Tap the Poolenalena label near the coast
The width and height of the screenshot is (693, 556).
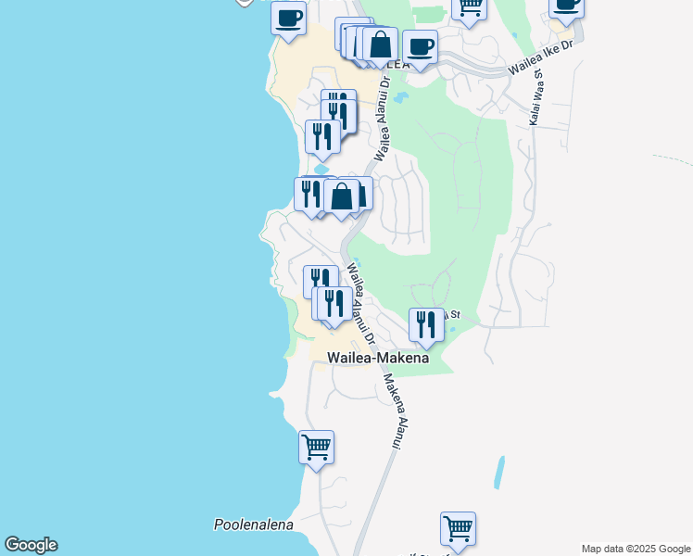pos(253,524)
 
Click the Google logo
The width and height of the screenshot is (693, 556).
pos(31,545)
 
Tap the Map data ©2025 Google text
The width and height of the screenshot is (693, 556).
pos(635,549)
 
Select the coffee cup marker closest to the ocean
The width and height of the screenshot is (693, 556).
pos(289,18)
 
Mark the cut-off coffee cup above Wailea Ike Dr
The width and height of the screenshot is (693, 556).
pos(566,6)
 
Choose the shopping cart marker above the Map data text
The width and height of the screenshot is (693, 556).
pos(458,529)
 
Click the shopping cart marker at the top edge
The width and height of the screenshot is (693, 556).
pos(470,6)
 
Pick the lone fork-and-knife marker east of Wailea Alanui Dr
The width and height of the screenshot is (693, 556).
pos(426,323)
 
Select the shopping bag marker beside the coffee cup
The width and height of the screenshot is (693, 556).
pos(380,44)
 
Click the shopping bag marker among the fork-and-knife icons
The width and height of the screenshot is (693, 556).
pos(342,196)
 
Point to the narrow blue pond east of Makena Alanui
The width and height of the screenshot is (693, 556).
pos(500,473)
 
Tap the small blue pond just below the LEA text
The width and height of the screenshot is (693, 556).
pos(400,96)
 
